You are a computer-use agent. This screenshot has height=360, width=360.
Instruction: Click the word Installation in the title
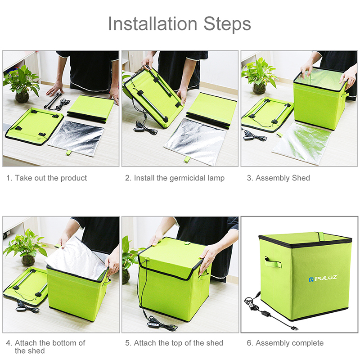[x=153, y=24]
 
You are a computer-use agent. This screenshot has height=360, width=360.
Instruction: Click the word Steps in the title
[x=227, y=24]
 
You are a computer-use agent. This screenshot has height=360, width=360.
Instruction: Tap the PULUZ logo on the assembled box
[x=323, y=278]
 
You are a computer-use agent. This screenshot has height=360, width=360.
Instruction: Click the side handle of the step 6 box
[x=273, y=262]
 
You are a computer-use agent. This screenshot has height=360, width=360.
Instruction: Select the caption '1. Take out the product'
[x=47, y=178]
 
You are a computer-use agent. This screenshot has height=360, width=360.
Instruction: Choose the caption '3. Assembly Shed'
[x=278, y=178]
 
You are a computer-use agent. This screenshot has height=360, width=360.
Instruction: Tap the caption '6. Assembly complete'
[x=285, y=343]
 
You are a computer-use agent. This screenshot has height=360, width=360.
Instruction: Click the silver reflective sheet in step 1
[x=76, y=138]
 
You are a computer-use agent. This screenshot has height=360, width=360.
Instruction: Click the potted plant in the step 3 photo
[x=259, y=76]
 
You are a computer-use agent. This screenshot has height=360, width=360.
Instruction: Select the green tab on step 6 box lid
[x=320, y=235]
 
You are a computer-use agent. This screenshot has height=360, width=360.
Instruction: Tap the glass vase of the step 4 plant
[x=28, y=261]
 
